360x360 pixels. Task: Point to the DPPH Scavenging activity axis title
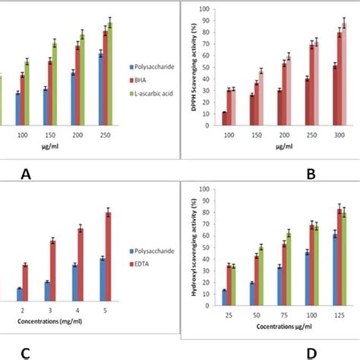point(185,71)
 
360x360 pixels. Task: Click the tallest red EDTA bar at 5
point(109,256)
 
